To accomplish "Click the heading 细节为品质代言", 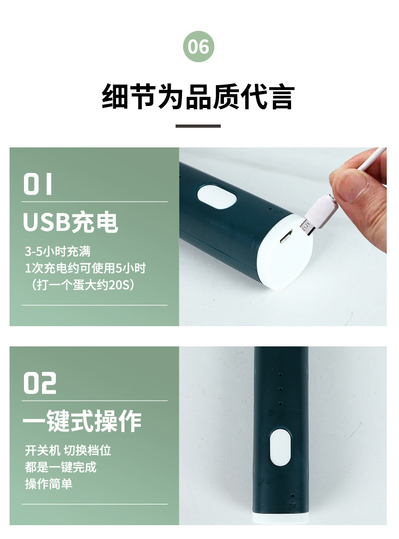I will tap(198, 98).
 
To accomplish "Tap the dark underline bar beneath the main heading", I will tap(198, 126).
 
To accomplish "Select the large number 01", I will tap(38, 184).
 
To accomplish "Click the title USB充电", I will tap(70, 222).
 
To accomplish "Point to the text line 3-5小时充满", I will tap(61, 251).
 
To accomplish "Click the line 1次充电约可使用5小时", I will tap(85, 268).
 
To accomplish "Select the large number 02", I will tap(40, 383).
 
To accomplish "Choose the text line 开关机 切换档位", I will tap(68, 450).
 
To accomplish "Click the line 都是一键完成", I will tap(61, 467).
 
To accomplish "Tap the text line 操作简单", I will tap(48, 484).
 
